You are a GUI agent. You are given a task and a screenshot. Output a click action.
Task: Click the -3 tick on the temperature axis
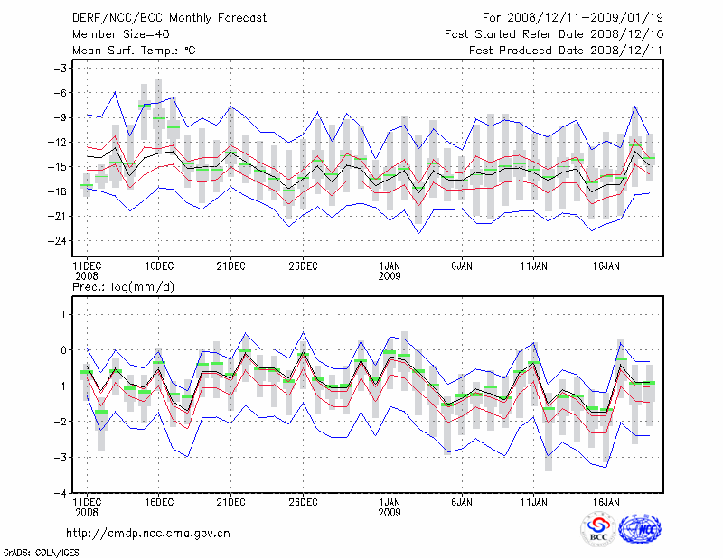tap(61, 69)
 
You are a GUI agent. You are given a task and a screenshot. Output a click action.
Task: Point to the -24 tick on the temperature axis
tap(59, 241)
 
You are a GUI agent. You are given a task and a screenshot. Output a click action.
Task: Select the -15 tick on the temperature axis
tap(59, 167)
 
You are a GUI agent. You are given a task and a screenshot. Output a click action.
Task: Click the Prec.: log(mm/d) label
tap(123, 286)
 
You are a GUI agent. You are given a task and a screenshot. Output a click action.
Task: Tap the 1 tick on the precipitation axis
tap(65, 314)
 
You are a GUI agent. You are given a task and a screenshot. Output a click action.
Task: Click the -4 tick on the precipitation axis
tap(61, 494)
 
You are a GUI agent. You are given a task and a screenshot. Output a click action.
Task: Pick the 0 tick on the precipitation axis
tap(65, 350)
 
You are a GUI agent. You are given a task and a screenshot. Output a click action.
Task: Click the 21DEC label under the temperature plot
tap(230, 265)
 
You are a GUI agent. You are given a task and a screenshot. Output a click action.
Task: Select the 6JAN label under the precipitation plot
tap(462, 502)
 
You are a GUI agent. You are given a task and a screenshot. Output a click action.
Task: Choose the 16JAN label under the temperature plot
tap(606, 265)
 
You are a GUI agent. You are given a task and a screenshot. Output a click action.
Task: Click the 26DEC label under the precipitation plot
tap(303, 502)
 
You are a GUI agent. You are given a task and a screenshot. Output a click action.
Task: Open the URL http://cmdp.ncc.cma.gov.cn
tap(148, 533)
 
